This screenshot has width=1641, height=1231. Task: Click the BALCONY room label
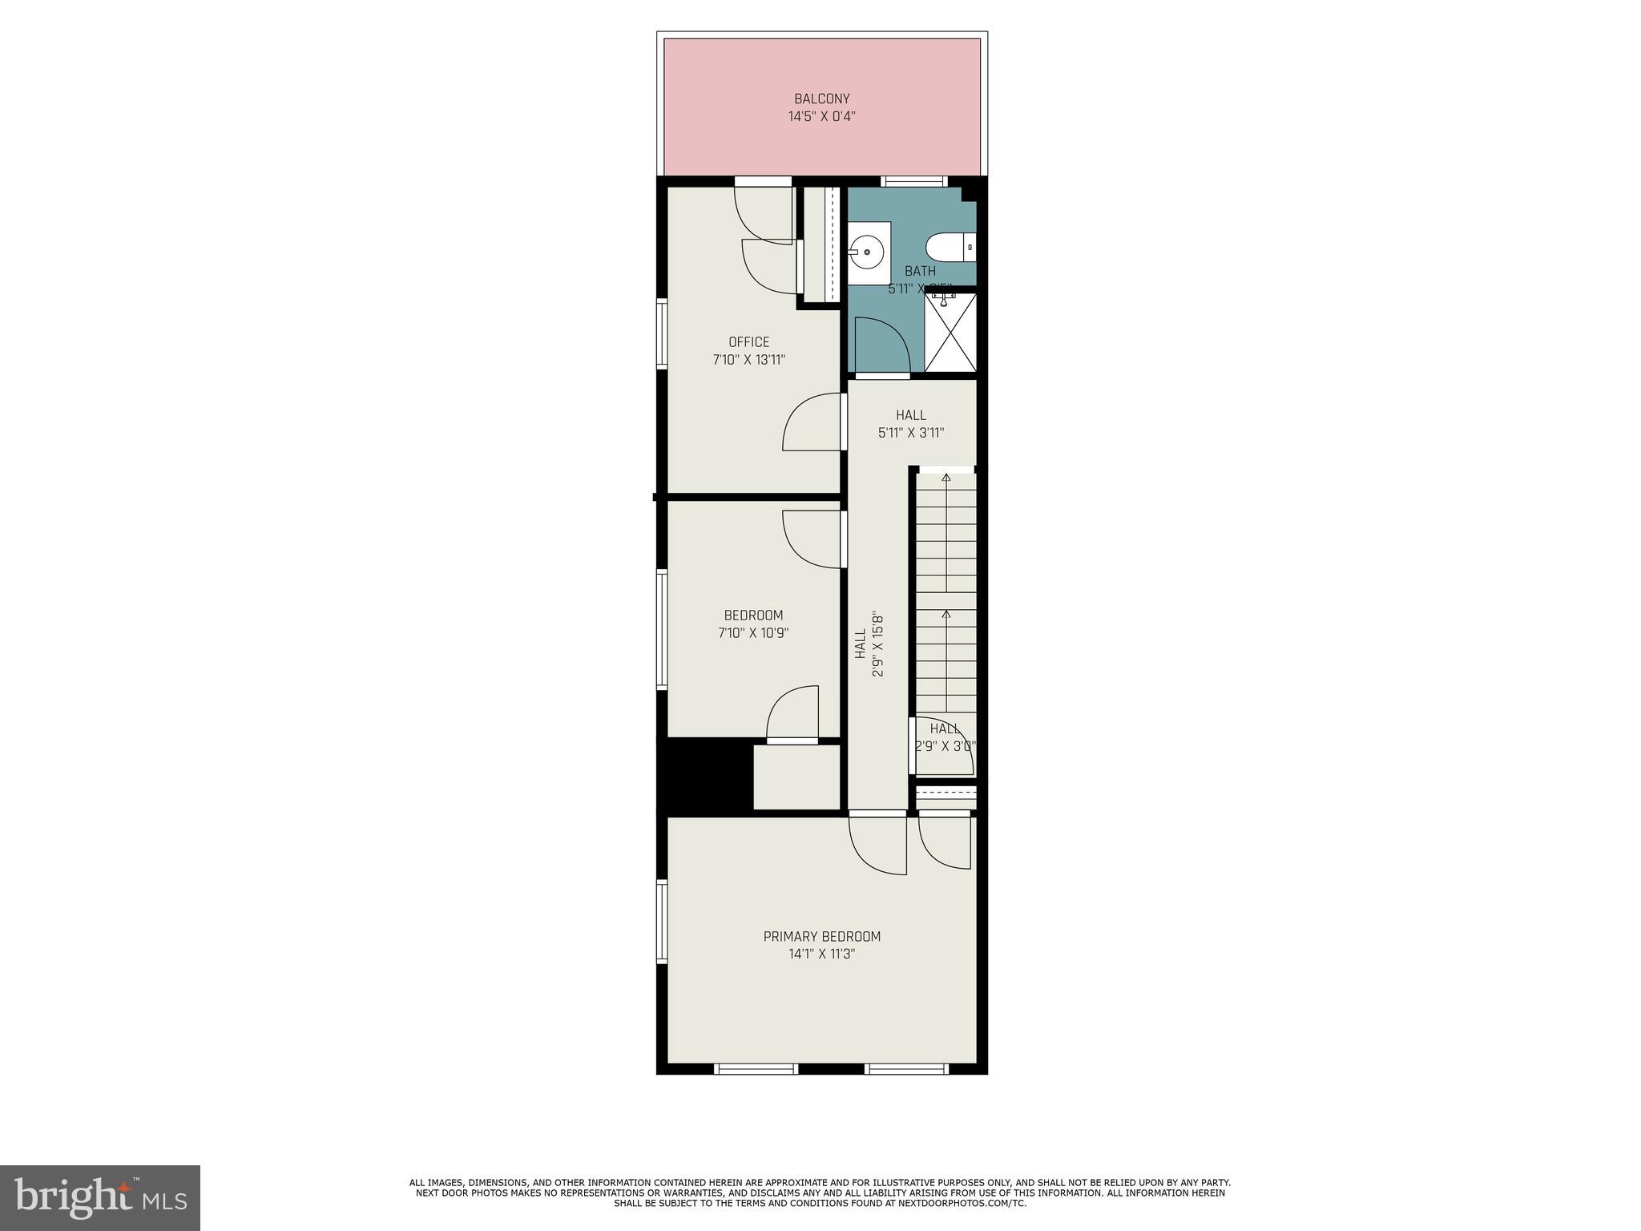(x=821, y=99)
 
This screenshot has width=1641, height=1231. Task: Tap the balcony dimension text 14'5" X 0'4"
(x=821, y=117)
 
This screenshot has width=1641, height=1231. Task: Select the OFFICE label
(x=748, y=342)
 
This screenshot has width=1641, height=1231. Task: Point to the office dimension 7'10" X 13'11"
(x=748, y=360)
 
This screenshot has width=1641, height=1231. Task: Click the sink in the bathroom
(x=867, y=252)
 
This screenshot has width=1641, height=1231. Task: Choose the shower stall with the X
(x=950, y=333)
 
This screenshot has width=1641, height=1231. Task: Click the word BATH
(x=920, y=271)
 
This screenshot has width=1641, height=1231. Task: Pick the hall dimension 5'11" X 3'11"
(x=911, y=433)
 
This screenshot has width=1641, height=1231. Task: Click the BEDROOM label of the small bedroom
(x=753, y=615)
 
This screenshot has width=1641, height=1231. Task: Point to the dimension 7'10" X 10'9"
(x=753, y=633)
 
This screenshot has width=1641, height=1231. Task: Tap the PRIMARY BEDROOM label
(x=821, y=936)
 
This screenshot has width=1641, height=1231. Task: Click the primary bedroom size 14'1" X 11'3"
(x=821, y=954)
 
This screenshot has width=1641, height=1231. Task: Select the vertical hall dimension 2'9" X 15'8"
(x=878, y=646)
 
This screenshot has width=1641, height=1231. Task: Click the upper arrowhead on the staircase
(x=946, y=478)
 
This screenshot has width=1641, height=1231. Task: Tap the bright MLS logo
(x=100, y=1197)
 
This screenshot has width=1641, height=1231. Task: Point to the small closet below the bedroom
(x=796, y=777)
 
